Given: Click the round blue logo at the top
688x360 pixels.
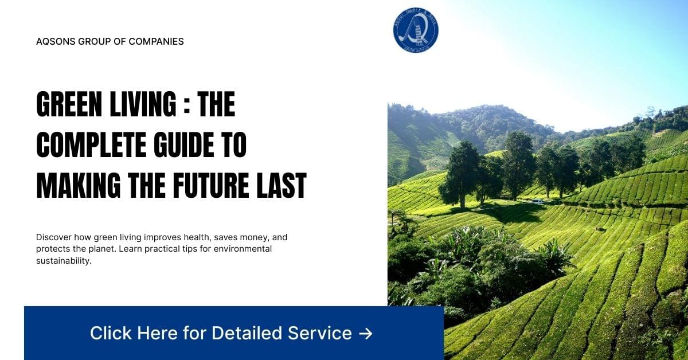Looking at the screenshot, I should click(416, 30).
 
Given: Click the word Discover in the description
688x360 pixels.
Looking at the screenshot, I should click(54, 237).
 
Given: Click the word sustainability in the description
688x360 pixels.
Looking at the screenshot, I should click(63, 261).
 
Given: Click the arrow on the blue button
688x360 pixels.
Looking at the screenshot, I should click(365, 333).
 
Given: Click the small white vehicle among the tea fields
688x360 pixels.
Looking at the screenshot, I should click(537, 201).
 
